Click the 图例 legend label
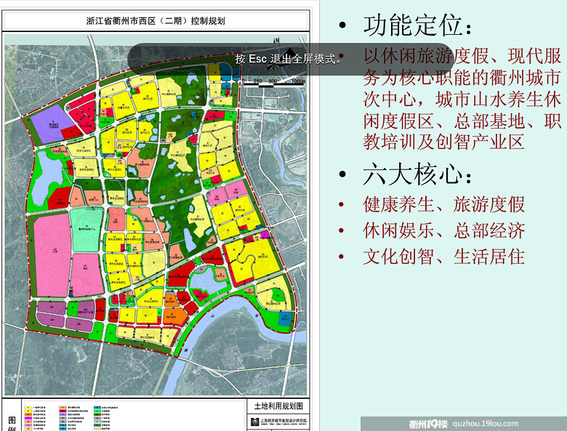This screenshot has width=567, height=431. tap(11, 422)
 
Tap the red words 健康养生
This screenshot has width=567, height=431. tap(398, 205)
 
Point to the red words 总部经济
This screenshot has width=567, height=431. tap(489, 231)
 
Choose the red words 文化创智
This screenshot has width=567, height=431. tap(398, 257)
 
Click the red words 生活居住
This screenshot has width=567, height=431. tap(489, 257)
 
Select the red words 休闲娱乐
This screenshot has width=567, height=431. tap(398, 231)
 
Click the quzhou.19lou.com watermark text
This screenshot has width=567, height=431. tap(486, 424)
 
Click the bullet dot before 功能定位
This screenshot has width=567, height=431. tap(342, 28)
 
